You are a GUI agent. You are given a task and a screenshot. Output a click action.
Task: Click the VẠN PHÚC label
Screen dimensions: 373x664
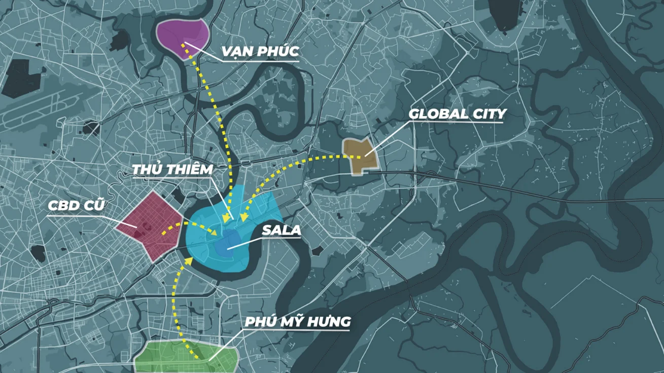point(260,51)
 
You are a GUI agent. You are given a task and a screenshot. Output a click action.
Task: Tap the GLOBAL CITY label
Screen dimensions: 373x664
point(457,114)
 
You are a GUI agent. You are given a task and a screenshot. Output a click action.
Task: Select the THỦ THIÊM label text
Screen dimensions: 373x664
point(172,170)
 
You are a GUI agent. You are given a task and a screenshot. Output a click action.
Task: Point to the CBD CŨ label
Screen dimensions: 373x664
point(76,206)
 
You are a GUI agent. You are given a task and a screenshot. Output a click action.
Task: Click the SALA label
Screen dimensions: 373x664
point(281,231)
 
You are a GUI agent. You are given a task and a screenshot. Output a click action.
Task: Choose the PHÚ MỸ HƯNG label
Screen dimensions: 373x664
point(298,322)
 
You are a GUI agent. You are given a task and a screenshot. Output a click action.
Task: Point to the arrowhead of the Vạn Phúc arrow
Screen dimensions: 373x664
point(226,218)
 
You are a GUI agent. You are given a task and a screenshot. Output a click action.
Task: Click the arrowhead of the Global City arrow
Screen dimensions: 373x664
point(245,217)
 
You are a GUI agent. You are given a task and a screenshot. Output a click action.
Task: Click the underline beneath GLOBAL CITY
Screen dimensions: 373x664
point(457,123)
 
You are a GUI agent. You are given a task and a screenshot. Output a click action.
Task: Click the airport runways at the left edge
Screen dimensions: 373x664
point(30,106)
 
